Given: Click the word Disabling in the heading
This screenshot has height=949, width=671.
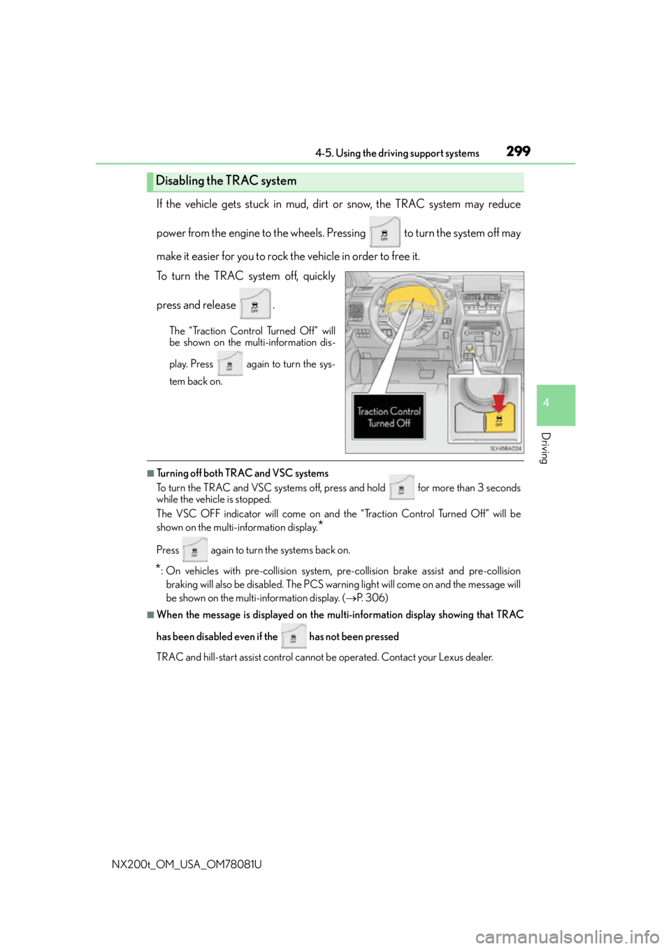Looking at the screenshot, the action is point(180,181).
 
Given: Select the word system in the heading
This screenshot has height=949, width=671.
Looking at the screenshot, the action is point(279,181).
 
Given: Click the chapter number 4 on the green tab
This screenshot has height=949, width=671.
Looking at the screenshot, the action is point(547,403).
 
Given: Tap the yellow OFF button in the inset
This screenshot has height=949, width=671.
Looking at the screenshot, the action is point(499,419).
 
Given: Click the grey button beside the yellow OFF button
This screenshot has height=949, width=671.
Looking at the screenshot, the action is point(468,419).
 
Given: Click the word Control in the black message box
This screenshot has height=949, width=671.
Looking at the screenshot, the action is point(405,412).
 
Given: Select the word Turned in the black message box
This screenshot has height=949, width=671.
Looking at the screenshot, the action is point(381,423).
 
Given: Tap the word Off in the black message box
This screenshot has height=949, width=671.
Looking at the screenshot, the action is point(404,423).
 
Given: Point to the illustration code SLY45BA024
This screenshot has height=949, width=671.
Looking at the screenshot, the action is point(506,449).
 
